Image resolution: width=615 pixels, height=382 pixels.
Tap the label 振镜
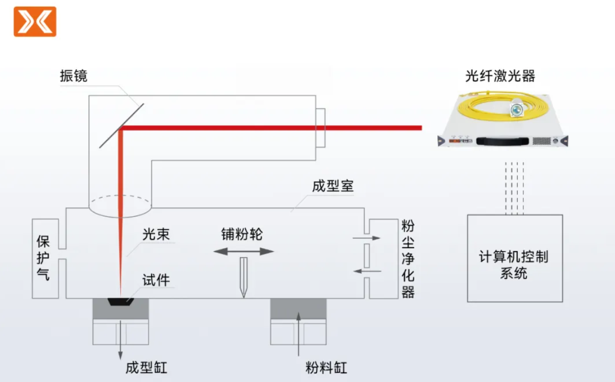point(74,76)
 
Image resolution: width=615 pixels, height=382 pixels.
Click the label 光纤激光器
point(500,76)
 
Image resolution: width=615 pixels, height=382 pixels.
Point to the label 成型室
point(333,186)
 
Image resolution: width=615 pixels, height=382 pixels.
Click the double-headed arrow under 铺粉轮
point(244,251)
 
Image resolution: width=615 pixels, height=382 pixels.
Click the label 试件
point(156,280)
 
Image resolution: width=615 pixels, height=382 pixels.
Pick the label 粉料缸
point(326,368)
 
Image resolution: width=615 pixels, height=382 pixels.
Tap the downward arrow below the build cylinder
point(121,341)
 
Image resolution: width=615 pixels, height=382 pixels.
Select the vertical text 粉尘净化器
point(408,258)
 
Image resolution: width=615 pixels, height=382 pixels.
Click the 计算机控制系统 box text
point(514,265)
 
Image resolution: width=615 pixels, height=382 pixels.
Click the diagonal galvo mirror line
point(121,125)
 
